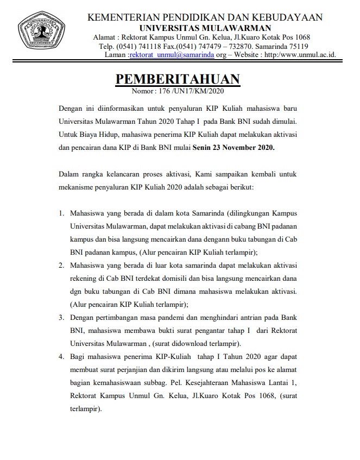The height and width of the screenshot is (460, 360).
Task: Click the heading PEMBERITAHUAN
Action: click(x=177, y=79)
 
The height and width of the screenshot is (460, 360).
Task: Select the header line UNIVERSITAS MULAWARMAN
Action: click(x=205, y=28)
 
